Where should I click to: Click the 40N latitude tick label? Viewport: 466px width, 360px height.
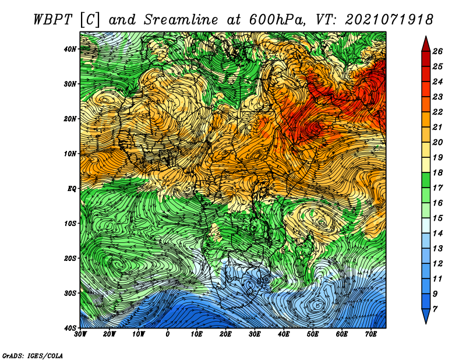(70, 49)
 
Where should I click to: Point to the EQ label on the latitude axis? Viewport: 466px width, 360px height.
(72, 189)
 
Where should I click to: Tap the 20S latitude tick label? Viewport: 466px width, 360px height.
(70, 258)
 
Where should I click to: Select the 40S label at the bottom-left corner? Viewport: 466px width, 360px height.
(70, 328)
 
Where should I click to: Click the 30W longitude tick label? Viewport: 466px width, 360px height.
(80, 334)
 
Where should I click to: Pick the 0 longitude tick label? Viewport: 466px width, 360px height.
(168, 334)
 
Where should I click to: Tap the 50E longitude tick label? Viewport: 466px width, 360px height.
(313, 334)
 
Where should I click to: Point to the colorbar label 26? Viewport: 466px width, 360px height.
(437, 51)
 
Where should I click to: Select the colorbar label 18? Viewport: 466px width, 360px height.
(437, 172)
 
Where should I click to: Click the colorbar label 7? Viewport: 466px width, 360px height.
(435, 309)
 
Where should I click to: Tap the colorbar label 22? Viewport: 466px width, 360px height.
(437, 112)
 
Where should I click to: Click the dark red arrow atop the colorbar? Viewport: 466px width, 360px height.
(426, 44)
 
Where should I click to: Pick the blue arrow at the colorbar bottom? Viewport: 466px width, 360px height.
(426, 316)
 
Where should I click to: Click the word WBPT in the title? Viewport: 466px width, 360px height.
(53, 20)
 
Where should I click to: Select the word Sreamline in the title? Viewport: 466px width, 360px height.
(181, 20)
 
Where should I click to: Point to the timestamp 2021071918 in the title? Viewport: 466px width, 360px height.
(389, 20)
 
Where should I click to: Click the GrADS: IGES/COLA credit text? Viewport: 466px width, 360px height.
(33, 355)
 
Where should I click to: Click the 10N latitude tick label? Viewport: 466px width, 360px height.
(70, 154)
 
